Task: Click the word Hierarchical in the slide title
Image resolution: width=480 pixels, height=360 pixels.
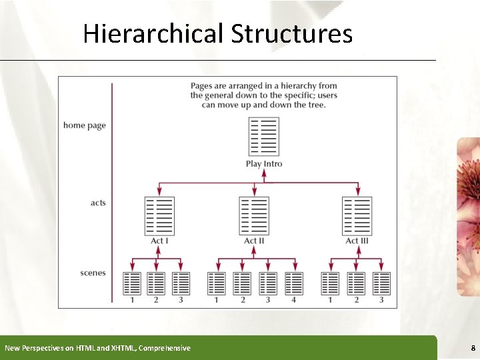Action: click(x=154, y=33)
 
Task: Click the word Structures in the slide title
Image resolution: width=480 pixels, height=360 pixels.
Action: click(x=291, y=33)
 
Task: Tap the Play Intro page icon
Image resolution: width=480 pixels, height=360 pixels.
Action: click(x=263, y=137)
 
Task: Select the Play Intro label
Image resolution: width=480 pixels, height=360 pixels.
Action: click(x=264, y=164)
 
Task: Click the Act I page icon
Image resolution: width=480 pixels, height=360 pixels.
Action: click(x=159, y=216)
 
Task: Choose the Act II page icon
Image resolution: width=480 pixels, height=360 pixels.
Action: click(x=254, y=216)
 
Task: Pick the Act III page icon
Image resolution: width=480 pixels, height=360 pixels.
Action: click(x=357, y=216)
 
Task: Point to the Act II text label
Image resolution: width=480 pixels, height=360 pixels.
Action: click(x=254, y=241)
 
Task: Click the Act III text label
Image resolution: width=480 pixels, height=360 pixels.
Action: click(x=357, y=241)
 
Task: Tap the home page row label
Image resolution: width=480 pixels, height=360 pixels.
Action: click(x=85, y=125)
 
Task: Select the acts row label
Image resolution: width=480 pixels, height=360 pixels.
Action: click(x=98, y=203)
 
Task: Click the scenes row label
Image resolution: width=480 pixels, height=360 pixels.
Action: click(x=93, y=273)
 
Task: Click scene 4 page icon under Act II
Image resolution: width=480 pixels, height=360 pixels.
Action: click(x=293, y=283)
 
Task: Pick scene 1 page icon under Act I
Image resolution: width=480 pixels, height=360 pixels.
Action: click(x=132, y=283)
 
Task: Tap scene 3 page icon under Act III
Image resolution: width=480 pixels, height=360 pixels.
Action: click(x=381, y=283)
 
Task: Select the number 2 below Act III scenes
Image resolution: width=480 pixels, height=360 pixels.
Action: click(x=356, y=300)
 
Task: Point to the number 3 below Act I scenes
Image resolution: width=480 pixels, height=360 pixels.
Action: click(x=181, y=300)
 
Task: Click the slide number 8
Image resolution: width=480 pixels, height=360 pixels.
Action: click(x=472, y=348)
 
